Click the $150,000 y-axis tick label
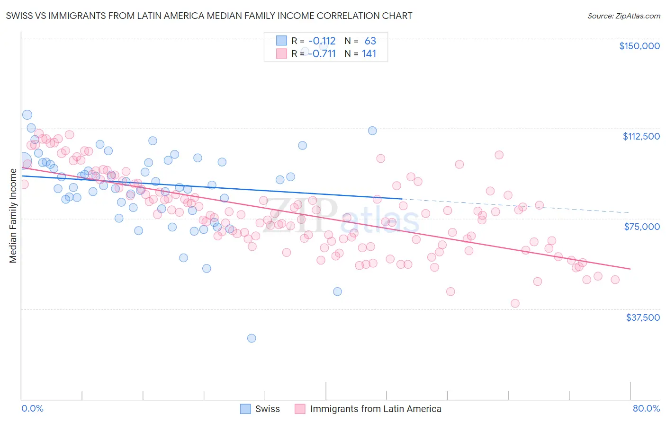(639, 46)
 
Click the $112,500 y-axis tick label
(641, 136)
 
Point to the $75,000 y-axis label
(642, 227)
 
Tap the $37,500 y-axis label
(642, 317)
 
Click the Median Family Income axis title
(13, 216)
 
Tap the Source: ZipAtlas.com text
(623, 16)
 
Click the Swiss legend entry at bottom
(267, 409)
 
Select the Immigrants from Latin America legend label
(375, 409)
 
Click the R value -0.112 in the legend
(322, 41)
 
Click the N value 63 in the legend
(370, 41)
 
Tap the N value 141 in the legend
(369, 53)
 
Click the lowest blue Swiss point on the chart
(252, 338)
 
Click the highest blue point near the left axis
(27, 114)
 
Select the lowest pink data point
(515, 303)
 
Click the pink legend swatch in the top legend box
(281, 53)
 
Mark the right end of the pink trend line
(630, 269)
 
